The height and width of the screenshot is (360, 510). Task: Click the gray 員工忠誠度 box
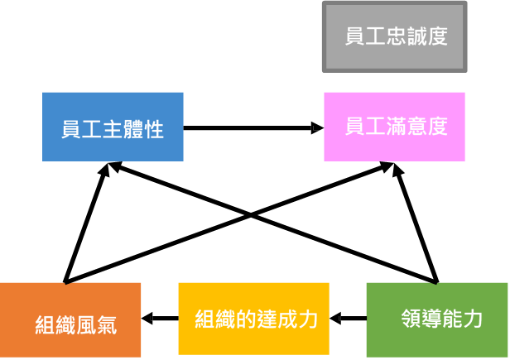[395, 37]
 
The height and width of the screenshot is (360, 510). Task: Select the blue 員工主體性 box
[113, 127]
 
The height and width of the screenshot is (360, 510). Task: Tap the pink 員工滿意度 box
[395, 127]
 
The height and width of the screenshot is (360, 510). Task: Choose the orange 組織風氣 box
[70, 321]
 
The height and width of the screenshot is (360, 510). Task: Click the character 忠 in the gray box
[396, 37]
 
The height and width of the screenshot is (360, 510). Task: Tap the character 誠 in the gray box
[416, 37]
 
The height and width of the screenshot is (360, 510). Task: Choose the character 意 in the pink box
[417, 127]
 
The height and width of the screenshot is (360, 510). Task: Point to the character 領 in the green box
[411, 319]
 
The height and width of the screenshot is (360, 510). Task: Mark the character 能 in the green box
[452, 319]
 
